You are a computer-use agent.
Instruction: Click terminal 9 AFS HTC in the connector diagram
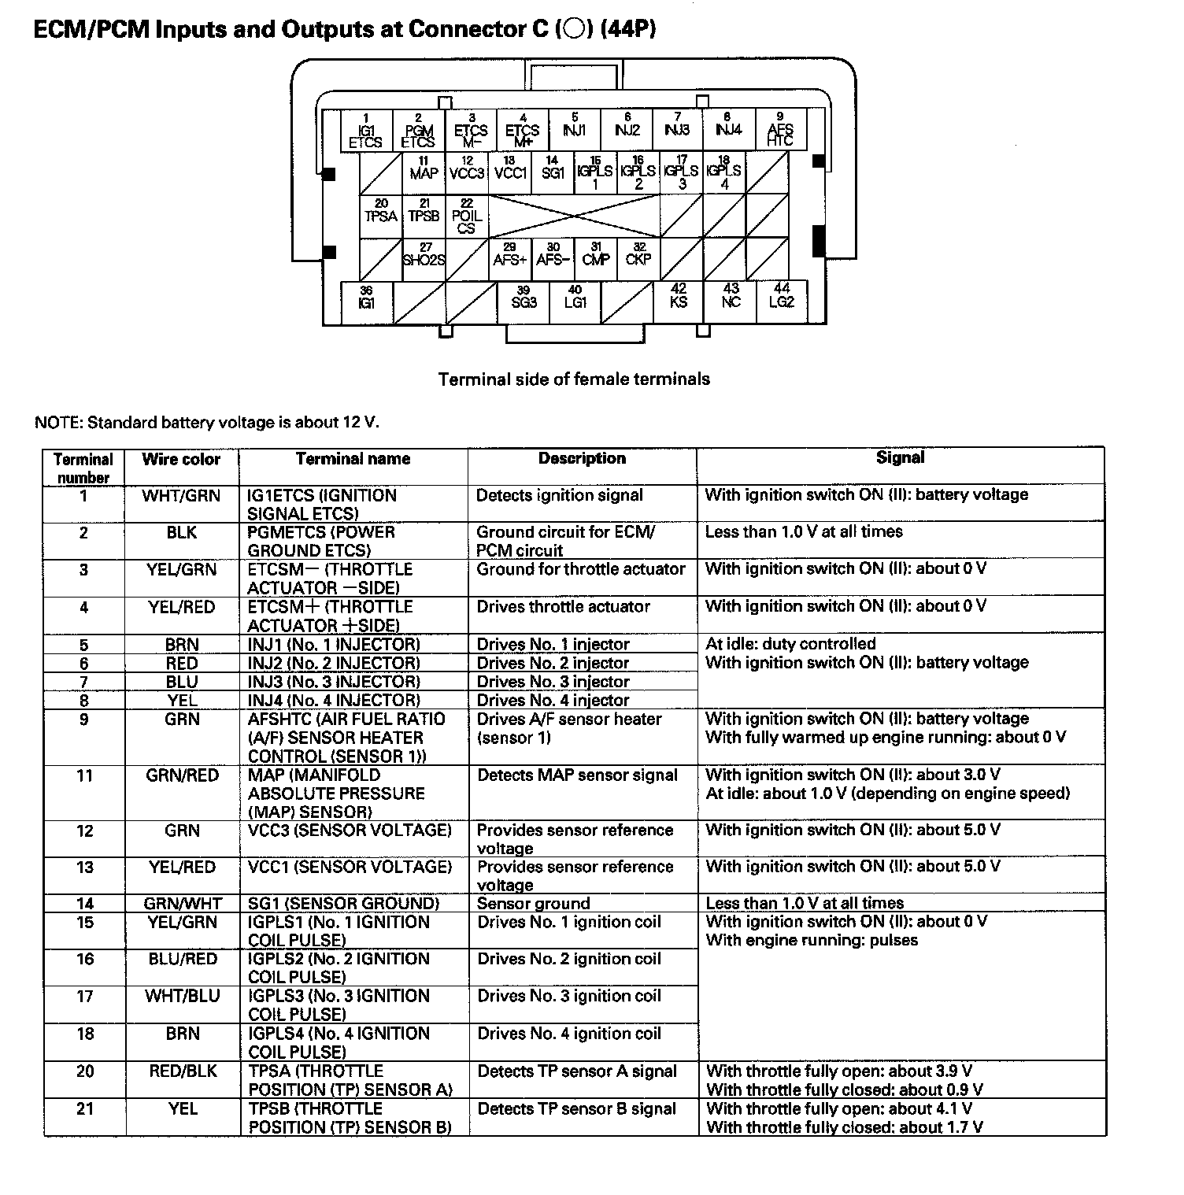780,131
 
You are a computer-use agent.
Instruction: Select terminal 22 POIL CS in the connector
467,216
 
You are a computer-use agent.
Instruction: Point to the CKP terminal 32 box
638,256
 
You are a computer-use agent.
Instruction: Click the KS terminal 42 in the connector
679,298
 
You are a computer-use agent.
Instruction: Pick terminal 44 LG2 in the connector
782,298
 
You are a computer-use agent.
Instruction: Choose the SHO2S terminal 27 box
424,256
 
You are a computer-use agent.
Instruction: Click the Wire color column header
181,460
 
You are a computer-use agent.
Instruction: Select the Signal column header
900,458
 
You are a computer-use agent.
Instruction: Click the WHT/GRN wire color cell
181,496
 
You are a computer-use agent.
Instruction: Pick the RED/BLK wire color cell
182,1071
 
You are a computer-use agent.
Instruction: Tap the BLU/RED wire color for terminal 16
182,959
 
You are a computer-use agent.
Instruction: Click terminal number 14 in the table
84,904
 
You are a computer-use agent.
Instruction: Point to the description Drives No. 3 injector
553,682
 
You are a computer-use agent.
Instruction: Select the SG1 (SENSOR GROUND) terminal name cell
343,904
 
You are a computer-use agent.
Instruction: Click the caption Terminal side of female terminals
574,379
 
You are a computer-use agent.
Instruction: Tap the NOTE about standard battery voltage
207,423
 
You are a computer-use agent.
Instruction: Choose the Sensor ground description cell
533,904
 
